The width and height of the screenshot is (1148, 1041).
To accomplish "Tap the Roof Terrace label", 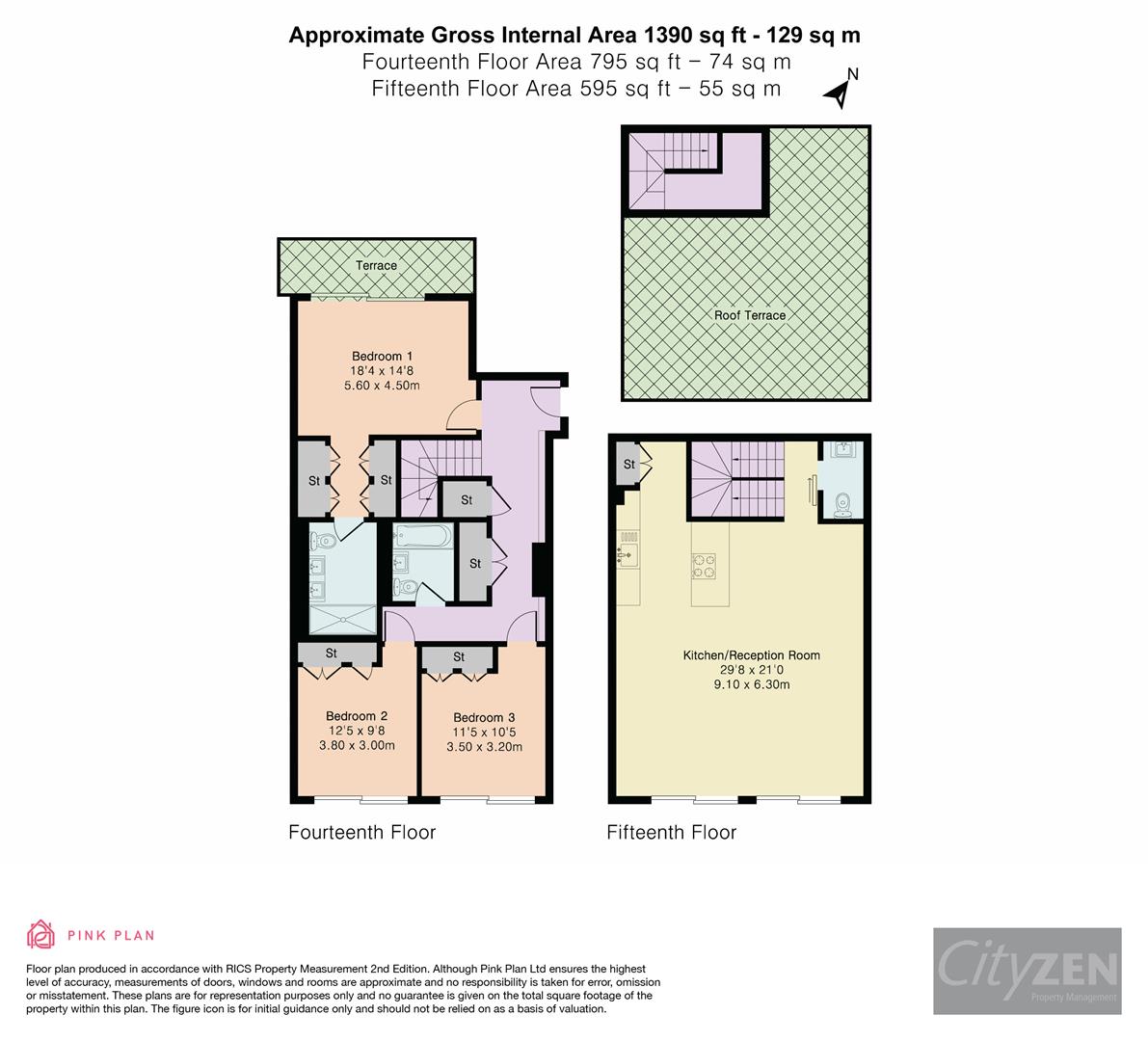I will click(749, 315).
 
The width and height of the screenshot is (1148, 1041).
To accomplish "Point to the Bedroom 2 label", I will click(357, 716).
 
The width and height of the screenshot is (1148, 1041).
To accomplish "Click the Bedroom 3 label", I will click(484, 717).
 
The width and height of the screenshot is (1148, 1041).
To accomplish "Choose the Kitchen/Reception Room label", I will click(751, 655).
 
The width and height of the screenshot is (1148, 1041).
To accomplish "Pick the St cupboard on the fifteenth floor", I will click(629, 465).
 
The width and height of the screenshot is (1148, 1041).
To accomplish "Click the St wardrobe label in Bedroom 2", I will click(331, 654).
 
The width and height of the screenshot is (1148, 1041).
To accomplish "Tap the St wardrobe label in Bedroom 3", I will click(459, 657).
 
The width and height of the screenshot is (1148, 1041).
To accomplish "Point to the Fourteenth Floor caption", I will click(362, 833).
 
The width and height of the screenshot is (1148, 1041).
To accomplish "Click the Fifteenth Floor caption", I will click(671, 833).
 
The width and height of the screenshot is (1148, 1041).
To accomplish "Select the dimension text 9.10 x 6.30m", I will click(751, 685).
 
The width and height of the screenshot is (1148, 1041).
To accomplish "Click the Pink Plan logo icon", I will click(40, 934).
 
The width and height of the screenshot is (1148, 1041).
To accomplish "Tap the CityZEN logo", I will click(1027, 971).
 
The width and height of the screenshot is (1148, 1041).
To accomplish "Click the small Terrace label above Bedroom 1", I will click(376, 266).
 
